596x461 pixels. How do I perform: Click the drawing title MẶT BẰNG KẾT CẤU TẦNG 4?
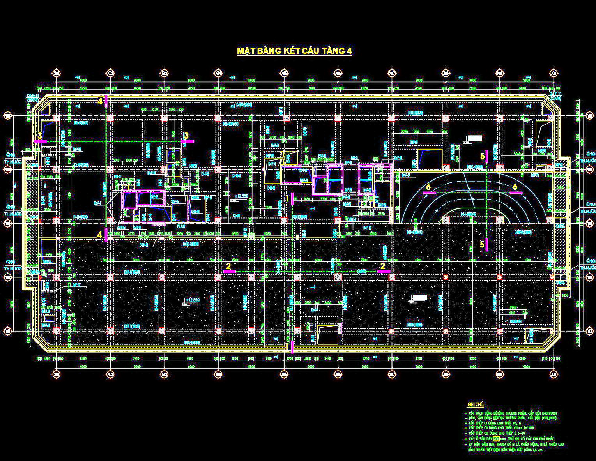[294, 51]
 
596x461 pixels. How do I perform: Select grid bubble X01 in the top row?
[57, 73]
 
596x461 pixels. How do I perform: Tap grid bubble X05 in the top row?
[285, 73]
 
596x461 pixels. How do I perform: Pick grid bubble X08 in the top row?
[446, 73]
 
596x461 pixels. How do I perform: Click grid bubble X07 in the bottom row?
[392, 374]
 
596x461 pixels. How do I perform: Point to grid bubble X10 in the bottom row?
[553, 374]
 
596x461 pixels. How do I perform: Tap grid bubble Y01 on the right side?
[590, 331]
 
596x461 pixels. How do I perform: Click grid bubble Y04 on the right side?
[590, 170]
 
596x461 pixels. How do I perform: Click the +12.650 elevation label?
[193, 299]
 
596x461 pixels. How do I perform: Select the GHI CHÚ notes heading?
[475, 405]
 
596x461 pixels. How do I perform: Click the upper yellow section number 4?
[100, 101]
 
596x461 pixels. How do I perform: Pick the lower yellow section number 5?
[482, 244]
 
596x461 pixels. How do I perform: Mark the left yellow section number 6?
[428, 187]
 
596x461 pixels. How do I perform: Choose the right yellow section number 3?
[186, 136]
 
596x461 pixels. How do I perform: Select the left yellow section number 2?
[228, 266]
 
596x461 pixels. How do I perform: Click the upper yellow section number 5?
[483, 156]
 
